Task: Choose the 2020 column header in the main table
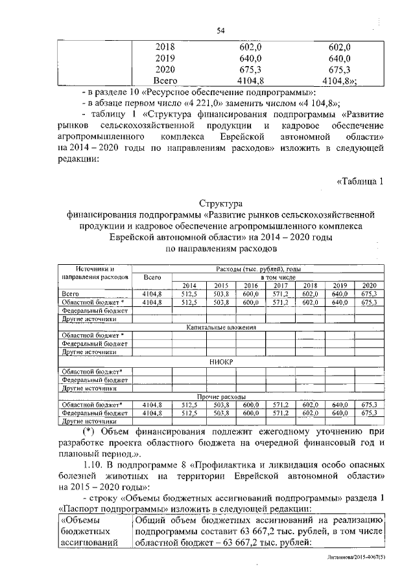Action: click(370, 286)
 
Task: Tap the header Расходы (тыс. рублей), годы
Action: click(257, 269)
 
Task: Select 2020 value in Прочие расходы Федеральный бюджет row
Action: click(370, 412)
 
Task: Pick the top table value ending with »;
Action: click(343, 81)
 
